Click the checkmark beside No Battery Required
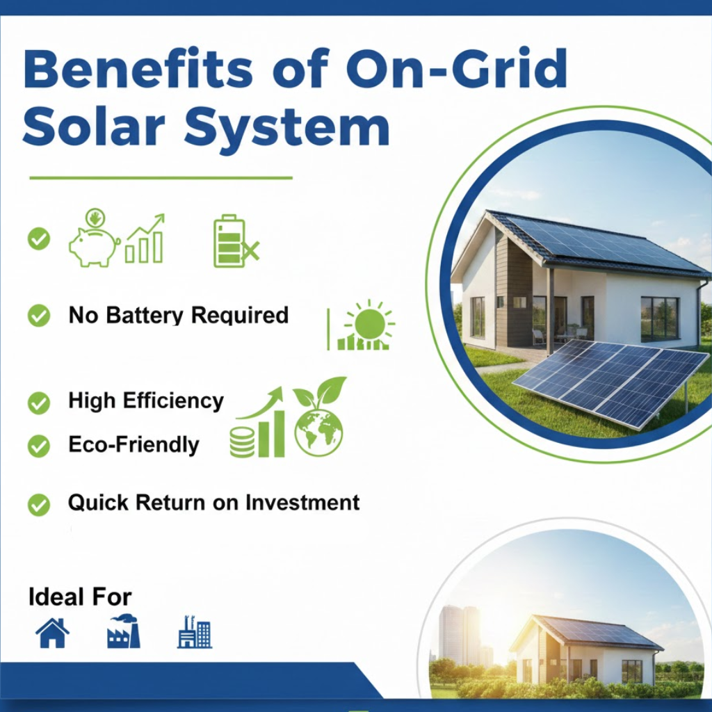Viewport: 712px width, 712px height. pyautogui.click(x=39, y=315)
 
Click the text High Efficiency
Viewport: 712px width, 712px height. pyautogui.click(x=146, y=401)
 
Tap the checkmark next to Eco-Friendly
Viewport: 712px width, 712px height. pyautogui.click(x=39, y=446)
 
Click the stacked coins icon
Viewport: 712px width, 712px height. pyautogui.click(x=242, y=442)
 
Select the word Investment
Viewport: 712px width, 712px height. pyautogui.click(x=302, y=503)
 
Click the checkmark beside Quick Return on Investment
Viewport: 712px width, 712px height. pyautogui.click(x=39, y=505)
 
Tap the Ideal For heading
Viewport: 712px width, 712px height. pyautogui.click(x=80, y=597)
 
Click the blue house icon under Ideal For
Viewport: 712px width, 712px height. pyautogui.click(x=53, y=633)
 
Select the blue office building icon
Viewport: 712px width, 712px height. pyautogui.click(x=195, y=631)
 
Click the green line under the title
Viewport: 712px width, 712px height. pyautogui.click(x=161, y=178)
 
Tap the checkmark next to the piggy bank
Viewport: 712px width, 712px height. pyautogui.click(x=39, y=239)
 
